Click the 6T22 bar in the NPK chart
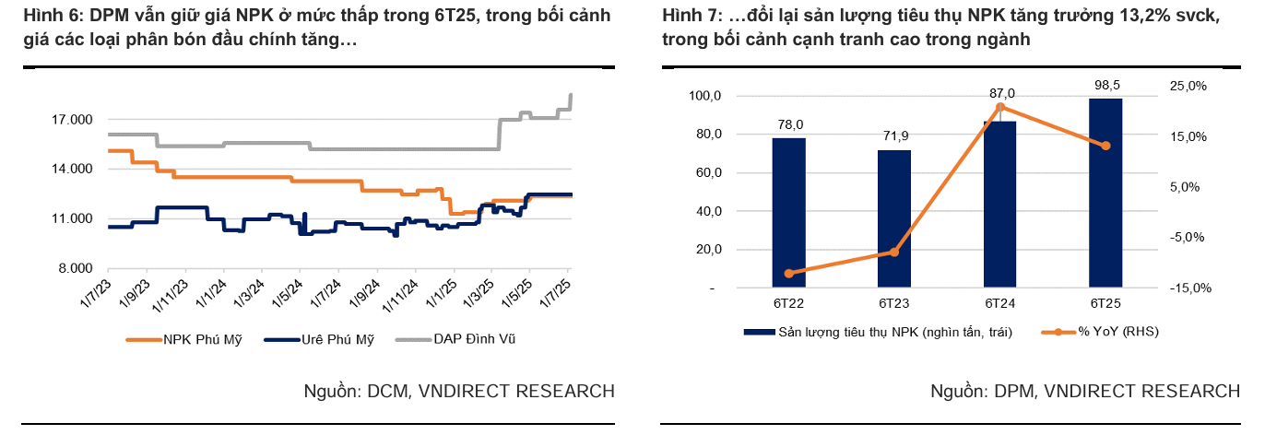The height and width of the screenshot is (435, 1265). (x=788, y=213)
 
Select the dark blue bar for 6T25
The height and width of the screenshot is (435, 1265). (x=1105, y=193)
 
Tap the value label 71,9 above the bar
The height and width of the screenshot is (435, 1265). (x=894, y=136)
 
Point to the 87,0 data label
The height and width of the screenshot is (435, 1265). (x=1001, y=94)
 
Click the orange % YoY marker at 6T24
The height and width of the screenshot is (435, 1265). (x=1000, y=108)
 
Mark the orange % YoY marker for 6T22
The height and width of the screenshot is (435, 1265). (x=789, y=274)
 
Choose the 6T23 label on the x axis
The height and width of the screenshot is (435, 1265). (x=894, y=304)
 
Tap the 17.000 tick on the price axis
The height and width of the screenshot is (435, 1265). (x=72, y=120)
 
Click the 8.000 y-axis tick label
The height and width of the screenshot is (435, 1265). (x=76, y=268)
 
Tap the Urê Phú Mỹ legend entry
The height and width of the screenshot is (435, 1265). (x=337, y=339)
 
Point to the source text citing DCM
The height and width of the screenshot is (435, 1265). (x=459, y=392)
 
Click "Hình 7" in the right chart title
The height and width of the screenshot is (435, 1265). (x=688, y=17)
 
